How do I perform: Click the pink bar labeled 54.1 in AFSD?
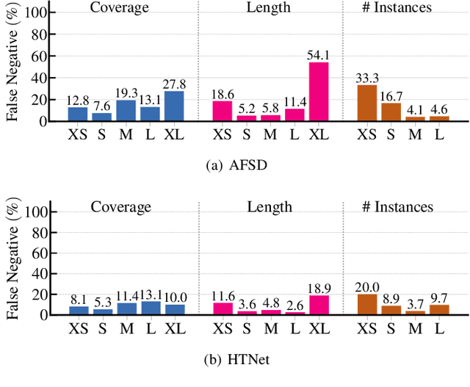point(318,92)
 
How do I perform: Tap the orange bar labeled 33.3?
point(366,103)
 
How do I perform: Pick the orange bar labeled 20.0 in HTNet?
point(366,304)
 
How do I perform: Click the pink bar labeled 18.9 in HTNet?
point(318,305)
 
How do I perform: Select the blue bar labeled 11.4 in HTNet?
point(126,308)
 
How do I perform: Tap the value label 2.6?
point(294,305)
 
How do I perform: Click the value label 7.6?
point(102,106)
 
